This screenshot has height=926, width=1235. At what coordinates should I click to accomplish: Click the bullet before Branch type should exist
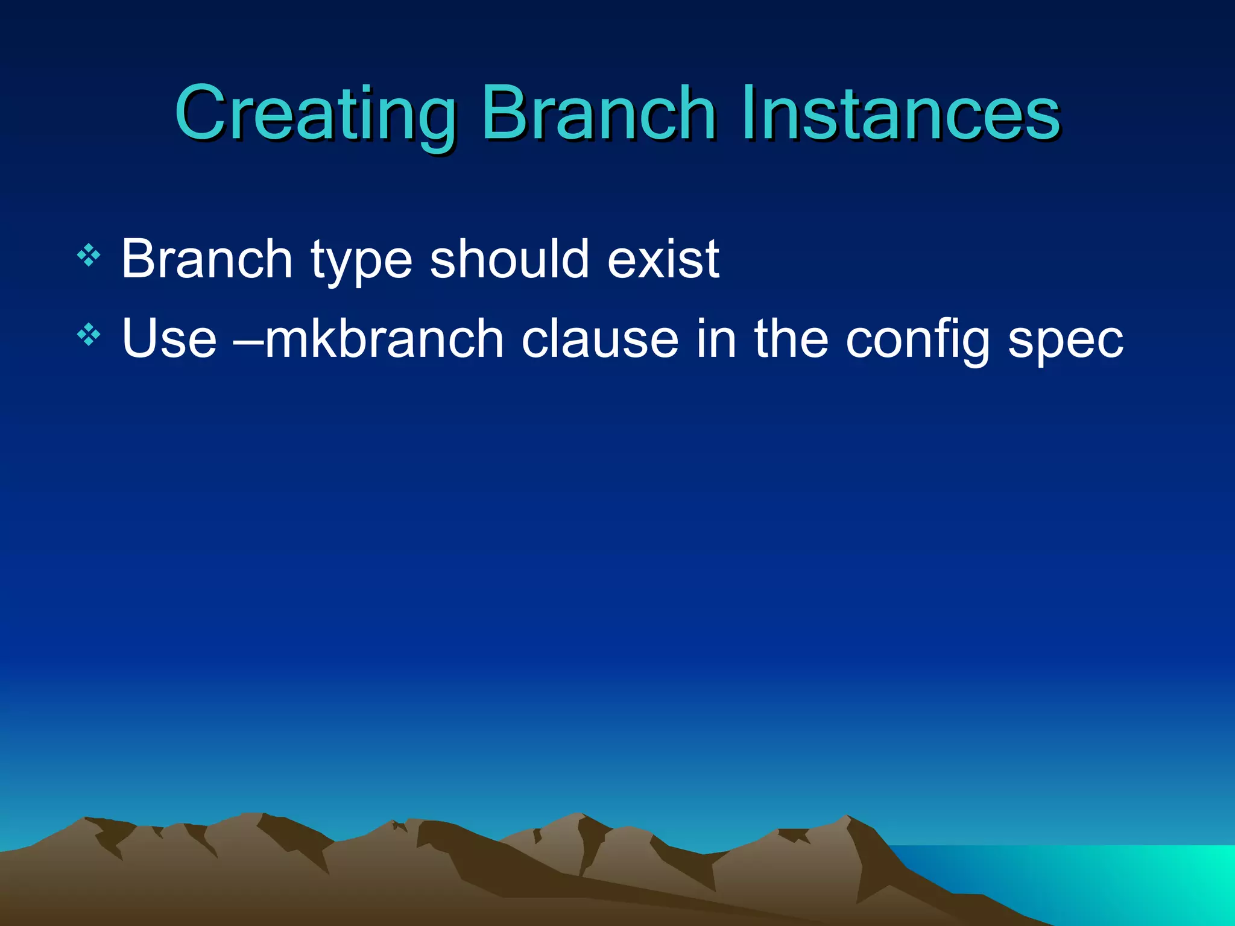[89, 256]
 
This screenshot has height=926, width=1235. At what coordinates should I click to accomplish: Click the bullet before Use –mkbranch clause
[89, 335]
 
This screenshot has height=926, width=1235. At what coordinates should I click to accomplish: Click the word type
[361, 263]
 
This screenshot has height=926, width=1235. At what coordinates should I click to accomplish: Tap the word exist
[663, 259]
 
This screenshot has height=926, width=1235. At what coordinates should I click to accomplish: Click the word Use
[169, 339]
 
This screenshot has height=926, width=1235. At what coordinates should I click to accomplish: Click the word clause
[599, 339]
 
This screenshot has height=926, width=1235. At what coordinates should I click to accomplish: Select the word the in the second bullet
[791, 339]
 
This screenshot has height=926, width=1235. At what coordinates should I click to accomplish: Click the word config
[917, 341]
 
